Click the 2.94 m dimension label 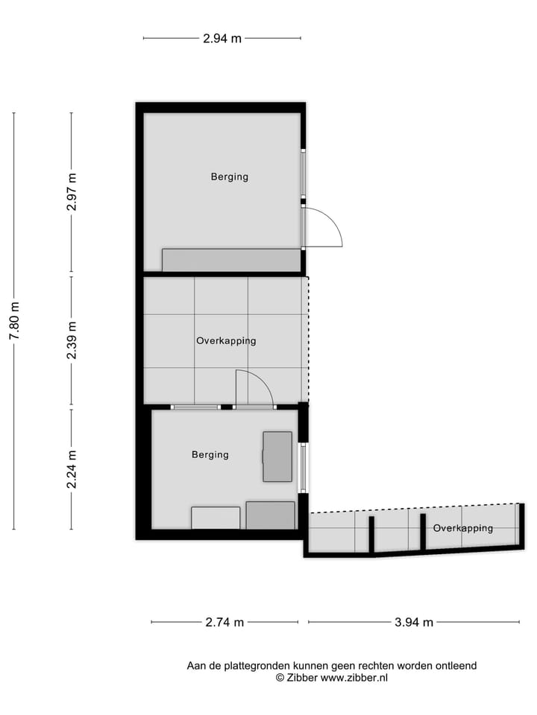tap(222, 39)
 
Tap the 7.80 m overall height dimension tap(14, 321)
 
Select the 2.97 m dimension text tap(72, 191)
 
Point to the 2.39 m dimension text tap(72, 340)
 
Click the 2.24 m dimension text tap(72, 469)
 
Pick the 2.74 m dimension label tap(224, 623)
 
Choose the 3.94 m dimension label tap(414, 623)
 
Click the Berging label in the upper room tap(229, 177)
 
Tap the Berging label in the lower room tap(210, 454)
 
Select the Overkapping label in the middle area tap(226, 340)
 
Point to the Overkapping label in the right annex tap(462, 528)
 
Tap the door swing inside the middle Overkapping tap(254, 388)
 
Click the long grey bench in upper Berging tap(231, 260)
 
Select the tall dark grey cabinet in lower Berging tap(277, 457)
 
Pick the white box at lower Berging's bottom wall tap(216, 518)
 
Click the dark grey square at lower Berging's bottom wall tap(270, 515)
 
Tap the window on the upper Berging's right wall tap(304, 174)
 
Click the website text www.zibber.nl tap(354, 678)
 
